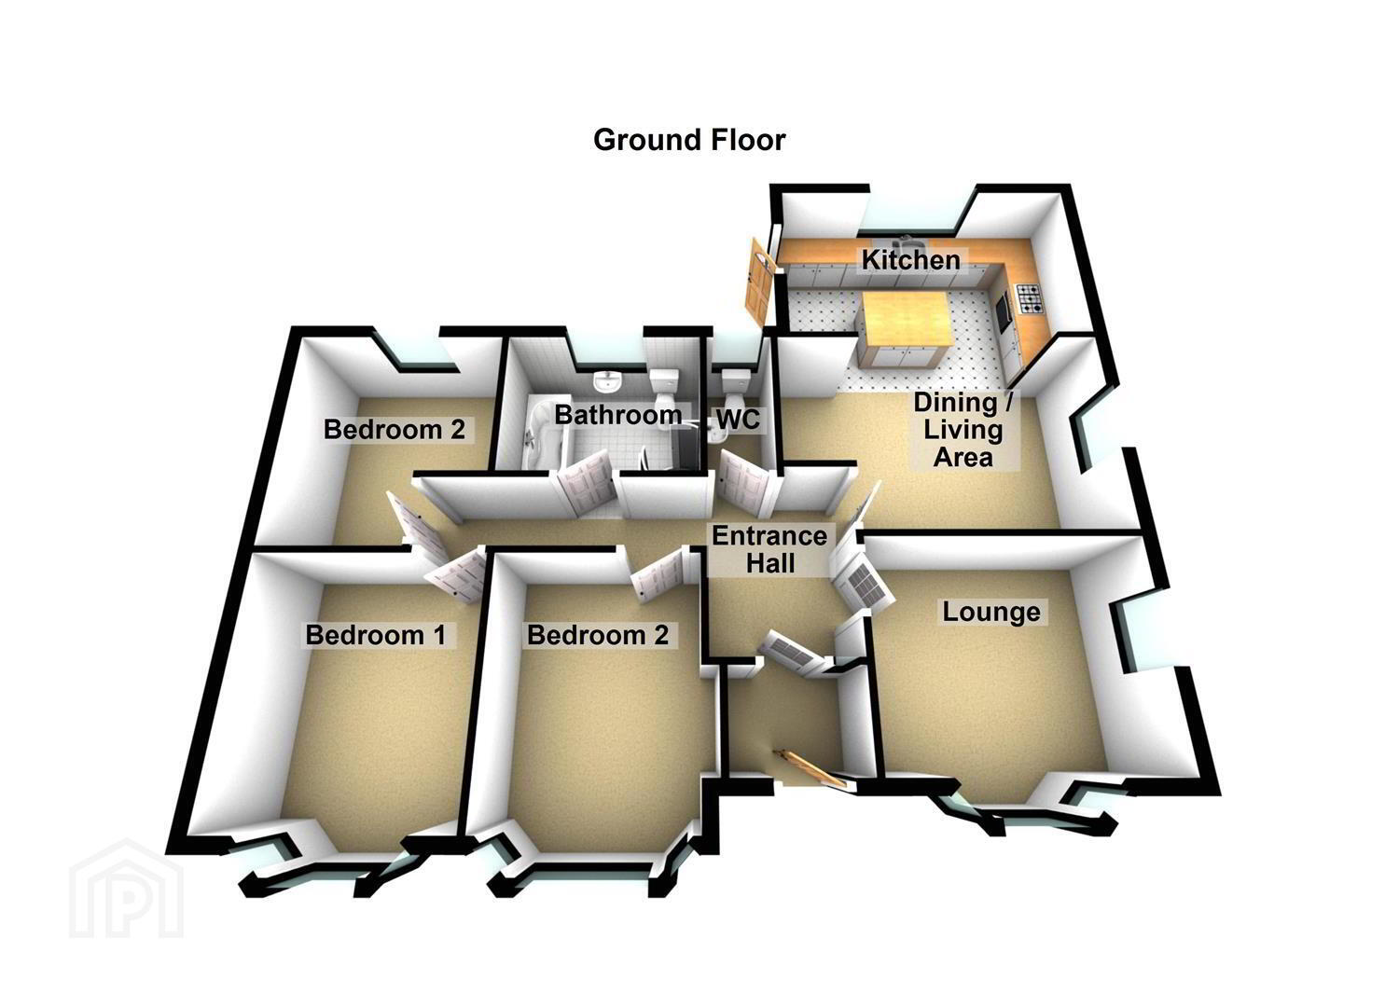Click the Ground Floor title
[x=689, y=140]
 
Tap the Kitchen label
[x=911, y=260]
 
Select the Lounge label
[x=991, y=612]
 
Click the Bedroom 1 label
[x=375, y=635]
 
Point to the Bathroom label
[x=617, y=414]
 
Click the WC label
[x=738, y=420]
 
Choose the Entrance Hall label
[x=769, y=549]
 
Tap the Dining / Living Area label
[x=963, y=430]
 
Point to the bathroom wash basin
[x=607, y=380]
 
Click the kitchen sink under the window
[x=907, y=239]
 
